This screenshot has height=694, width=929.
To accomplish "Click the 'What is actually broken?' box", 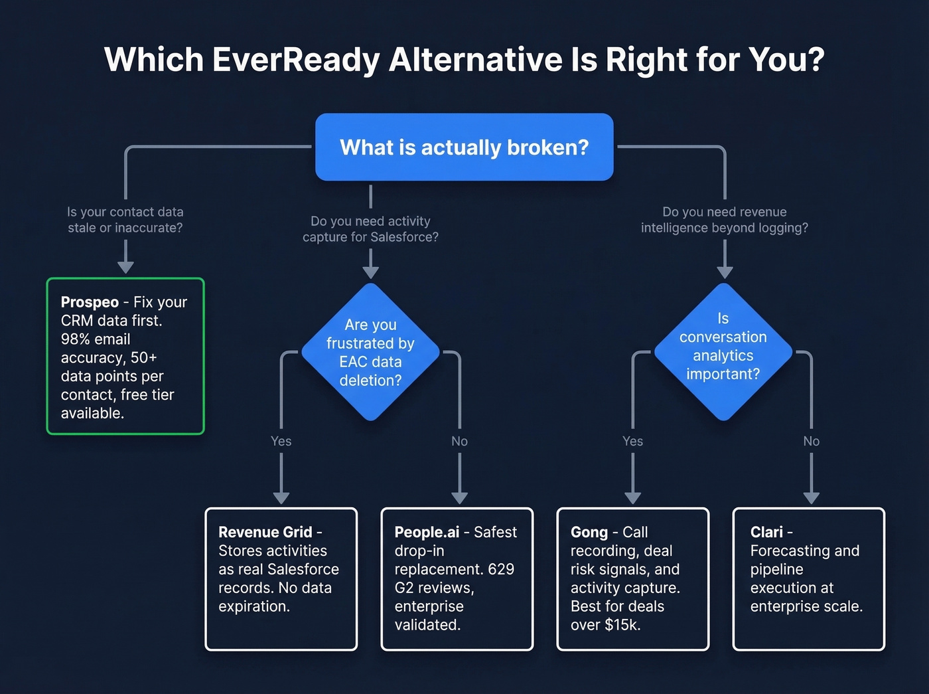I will pos(464,147).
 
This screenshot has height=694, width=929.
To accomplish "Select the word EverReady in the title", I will pos(296,60).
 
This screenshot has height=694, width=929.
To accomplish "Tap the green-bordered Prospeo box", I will pos(125,357).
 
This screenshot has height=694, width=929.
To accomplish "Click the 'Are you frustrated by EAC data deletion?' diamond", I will pos(370,353).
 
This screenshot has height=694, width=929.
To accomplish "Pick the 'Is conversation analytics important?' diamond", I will pos(723,353).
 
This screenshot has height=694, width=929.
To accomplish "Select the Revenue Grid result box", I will pos(281,579).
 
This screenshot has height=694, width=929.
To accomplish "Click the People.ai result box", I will pos(457,579).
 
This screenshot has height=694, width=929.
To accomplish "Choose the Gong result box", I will pos(632,579).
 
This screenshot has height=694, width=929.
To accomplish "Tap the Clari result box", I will pos(808,579).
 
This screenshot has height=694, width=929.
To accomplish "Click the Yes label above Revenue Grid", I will pos(281,441).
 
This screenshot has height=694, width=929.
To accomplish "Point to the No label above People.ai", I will pos(459,441).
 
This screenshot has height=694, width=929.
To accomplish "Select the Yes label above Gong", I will pos(632,441).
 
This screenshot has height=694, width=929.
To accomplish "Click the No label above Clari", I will pos(811,441).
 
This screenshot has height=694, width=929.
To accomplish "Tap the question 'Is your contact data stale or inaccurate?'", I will pos(125,220).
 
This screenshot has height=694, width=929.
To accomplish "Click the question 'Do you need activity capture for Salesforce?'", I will pos(370,229).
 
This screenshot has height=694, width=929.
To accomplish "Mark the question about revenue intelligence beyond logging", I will pos(725,220).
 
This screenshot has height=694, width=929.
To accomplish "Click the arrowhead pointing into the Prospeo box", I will pos(125,267).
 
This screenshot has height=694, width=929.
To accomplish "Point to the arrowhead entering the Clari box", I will pos(811,498).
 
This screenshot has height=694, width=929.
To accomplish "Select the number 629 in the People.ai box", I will pos(501,569).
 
